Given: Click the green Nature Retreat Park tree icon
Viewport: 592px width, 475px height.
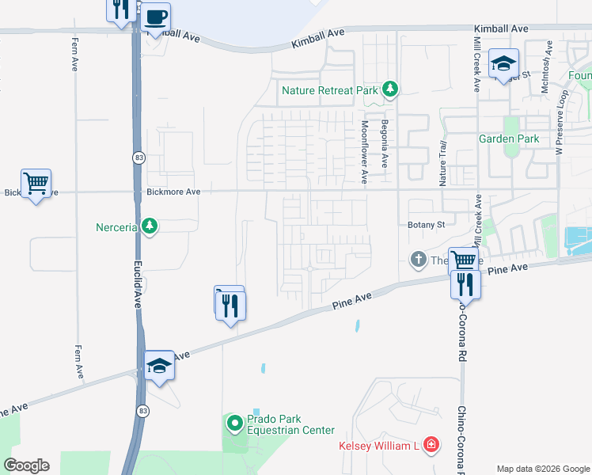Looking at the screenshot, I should pyautogui.click(x=389, y=90).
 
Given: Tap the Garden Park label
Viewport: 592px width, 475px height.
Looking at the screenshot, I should pyautogui.click(x=509, y=139).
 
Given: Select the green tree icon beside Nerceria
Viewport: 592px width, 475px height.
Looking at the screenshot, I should pyautogui.click(x=149, y=227).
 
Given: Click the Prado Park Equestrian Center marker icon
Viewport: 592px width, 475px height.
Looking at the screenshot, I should pyautogui.click(x=234, y=424).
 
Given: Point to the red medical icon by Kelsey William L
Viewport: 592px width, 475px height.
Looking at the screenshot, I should pyautogui.click(x=431, y=446).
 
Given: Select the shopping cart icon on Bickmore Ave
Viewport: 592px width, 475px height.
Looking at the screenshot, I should pyautogui.click(x=36, y=184).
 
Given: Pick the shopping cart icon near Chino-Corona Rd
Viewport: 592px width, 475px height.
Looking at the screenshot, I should pyautogui.click(x=463, y=260).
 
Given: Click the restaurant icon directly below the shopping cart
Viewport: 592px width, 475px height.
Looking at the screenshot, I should pyautogui.click(x=465, y=284).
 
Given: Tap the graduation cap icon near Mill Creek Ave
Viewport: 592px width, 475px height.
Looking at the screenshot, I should pyautogui.click(x=503, y=63).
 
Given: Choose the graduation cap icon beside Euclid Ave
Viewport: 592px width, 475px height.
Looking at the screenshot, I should pyautogui.click(x=159, y=365).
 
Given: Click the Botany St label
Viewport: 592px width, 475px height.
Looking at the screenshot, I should pyautogui.click(x=427, y=225).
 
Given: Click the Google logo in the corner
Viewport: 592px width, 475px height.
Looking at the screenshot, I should pyautogui.click(x=26, y=465).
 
